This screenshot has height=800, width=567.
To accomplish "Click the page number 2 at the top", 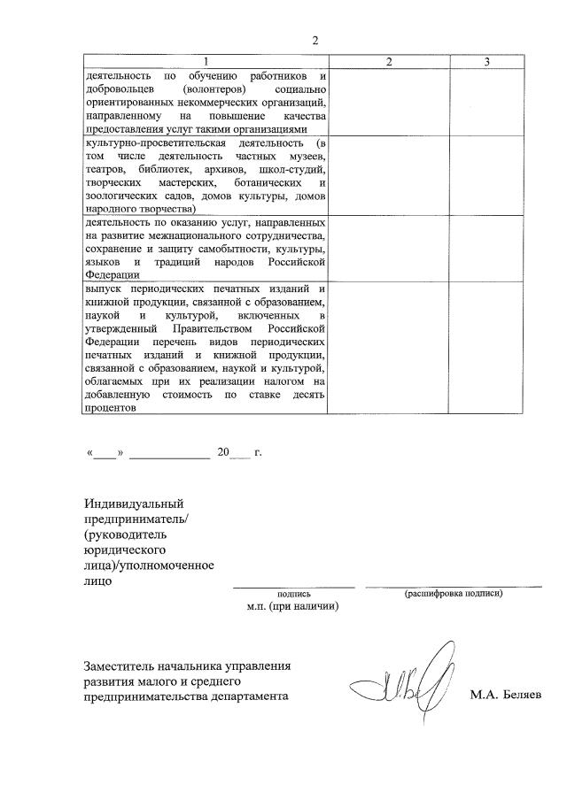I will pos(314,40).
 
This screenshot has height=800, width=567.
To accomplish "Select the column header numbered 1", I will pos(205,61).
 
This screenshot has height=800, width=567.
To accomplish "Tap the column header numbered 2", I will pos(388,61).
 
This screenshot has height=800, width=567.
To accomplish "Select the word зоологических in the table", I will pos(123,195).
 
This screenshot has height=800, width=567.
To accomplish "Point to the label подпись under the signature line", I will pos(293,595).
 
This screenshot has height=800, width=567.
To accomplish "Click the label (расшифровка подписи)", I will pos(454,593).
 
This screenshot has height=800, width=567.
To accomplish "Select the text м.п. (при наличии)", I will pos(293,608).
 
